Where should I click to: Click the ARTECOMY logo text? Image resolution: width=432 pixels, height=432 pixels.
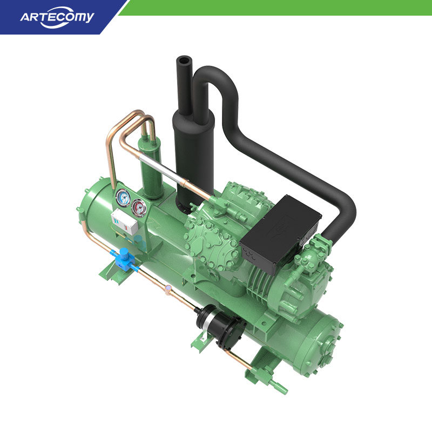[57, 18]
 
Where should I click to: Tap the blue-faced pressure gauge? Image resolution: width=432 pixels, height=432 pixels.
[123, 197]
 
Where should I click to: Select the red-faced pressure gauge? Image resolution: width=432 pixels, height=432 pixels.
[138, 207]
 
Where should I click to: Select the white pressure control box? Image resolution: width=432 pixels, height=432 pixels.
[124, 221]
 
